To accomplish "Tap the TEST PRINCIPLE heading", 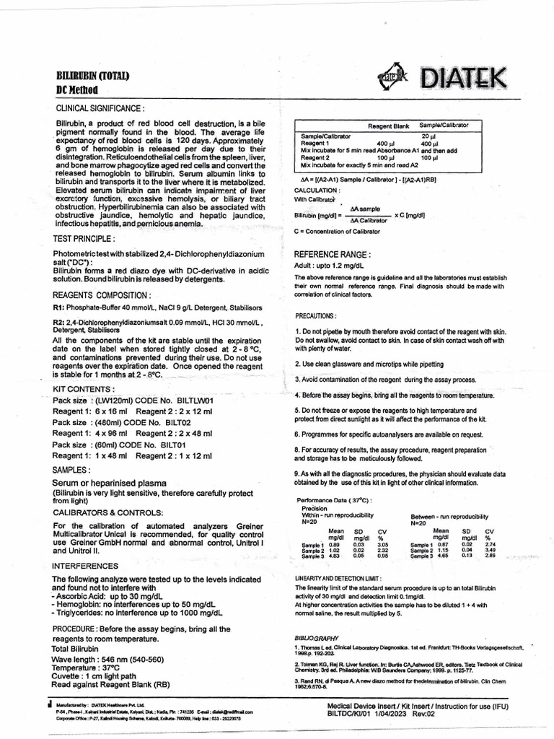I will (84, 237).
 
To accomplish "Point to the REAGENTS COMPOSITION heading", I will (102, 295).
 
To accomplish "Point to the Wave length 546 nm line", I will (107, 660).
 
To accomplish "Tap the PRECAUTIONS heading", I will (316, 316).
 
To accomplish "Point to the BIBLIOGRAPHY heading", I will (317, 639).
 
